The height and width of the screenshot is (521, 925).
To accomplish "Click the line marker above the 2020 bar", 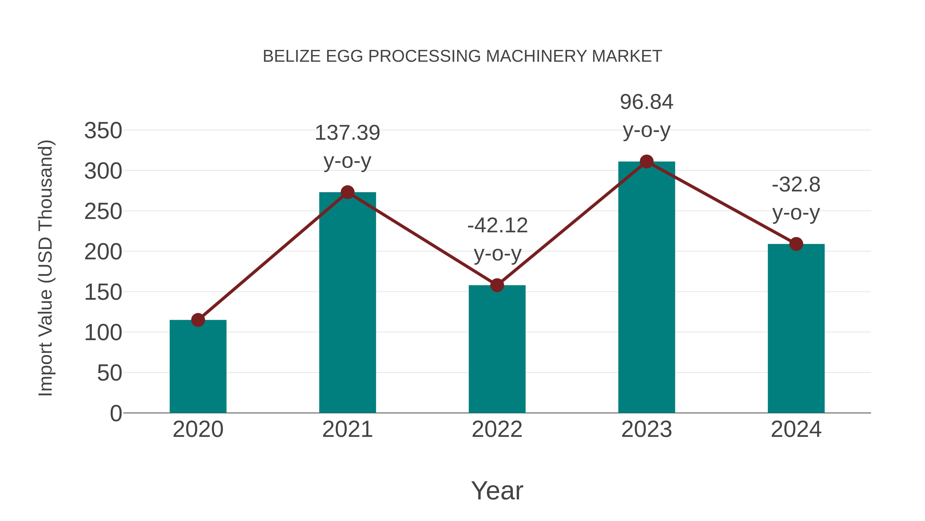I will click(x=198, y=320).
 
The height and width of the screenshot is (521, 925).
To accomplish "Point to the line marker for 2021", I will click(x=347, y=192).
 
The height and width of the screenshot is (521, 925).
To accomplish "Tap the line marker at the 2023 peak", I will click(x=646, y=162).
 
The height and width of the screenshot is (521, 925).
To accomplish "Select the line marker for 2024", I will click(x=796, y=244).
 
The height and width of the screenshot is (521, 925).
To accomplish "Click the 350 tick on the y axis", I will click(x=103, y=130).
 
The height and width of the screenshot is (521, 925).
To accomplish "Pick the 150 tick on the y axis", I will click(x=103, y=292).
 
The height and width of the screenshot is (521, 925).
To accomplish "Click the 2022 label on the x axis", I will click(x=497, y=429).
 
